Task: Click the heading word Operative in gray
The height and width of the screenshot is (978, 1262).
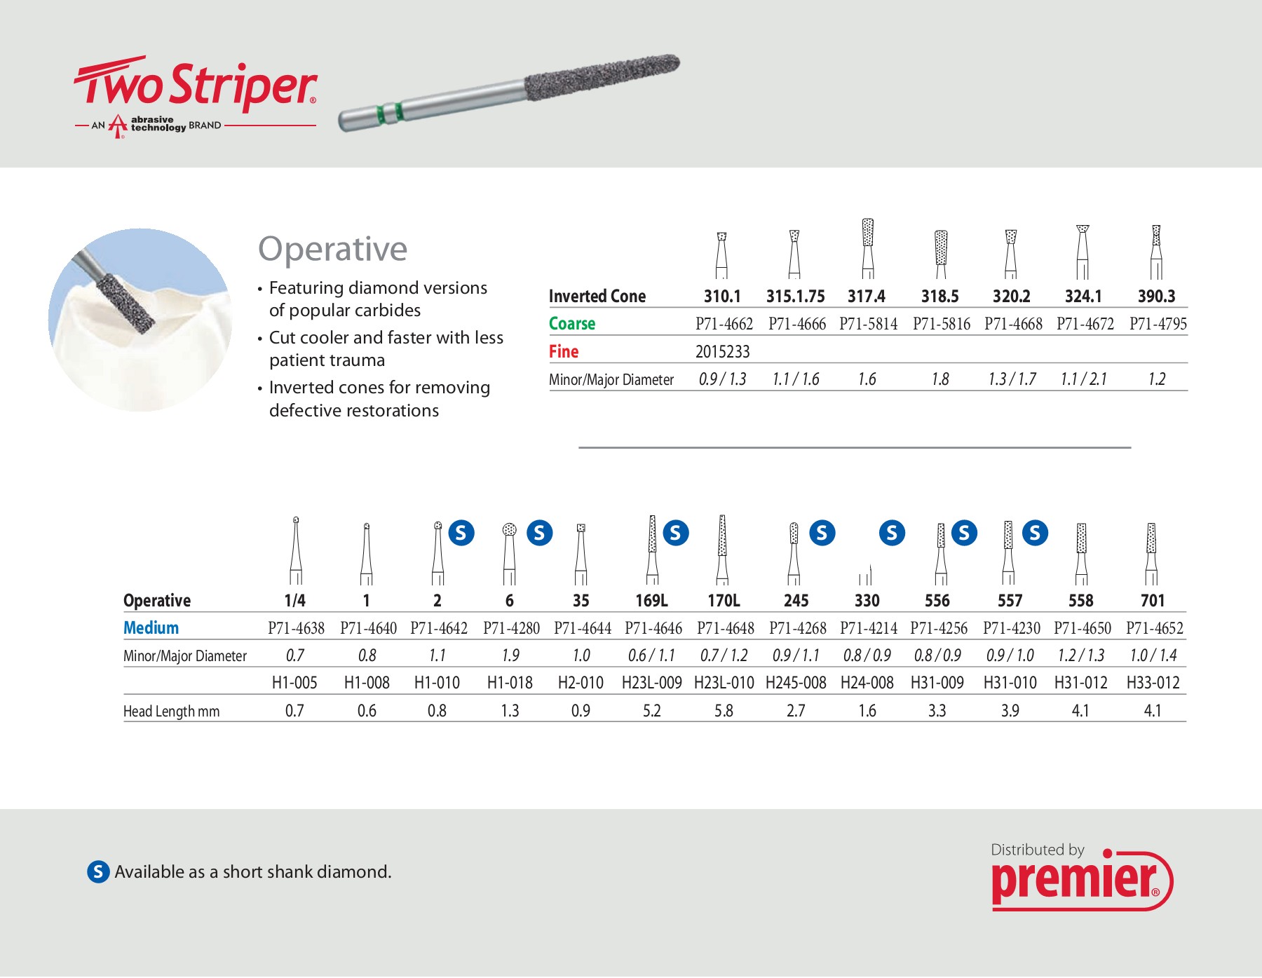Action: pos(332,249)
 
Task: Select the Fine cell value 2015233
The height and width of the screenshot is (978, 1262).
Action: pos(722,351)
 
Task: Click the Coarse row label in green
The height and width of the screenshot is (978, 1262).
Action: pos(572,324)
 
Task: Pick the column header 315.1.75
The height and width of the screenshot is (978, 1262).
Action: pos(795,297)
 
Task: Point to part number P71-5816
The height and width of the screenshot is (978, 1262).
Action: pos(941,324)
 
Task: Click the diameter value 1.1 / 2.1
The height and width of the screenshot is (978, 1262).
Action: pos(1083,379)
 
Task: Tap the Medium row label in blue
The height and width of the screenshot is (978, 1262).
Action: pos(151,628)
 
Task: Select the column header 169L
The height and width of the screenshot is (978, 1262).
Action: pos(651,601)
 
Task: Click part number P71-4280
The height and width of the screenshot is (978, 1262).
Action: pos(511,628)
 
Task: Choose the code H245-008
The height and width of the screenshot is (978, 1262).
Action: pos(796,683)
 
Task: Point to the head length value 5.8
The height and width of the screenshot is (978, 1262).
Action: pos(724,711)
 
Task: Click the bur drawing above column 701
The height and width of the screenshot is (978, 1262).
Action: pos(1151,553)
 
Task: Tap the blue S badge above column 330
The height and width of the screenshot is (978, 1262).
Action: pos(892,534)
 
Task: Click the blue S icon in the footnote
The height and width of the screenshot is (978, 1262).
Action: pos(98,871)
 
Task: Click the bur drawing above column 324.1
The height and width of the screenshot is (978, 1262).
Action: pos(1083,252)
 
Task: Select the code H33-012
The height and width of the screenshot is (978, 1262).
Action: pos(1153,683)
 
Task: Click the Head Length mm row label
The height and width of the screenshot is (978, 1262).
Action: pos(171,712)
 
